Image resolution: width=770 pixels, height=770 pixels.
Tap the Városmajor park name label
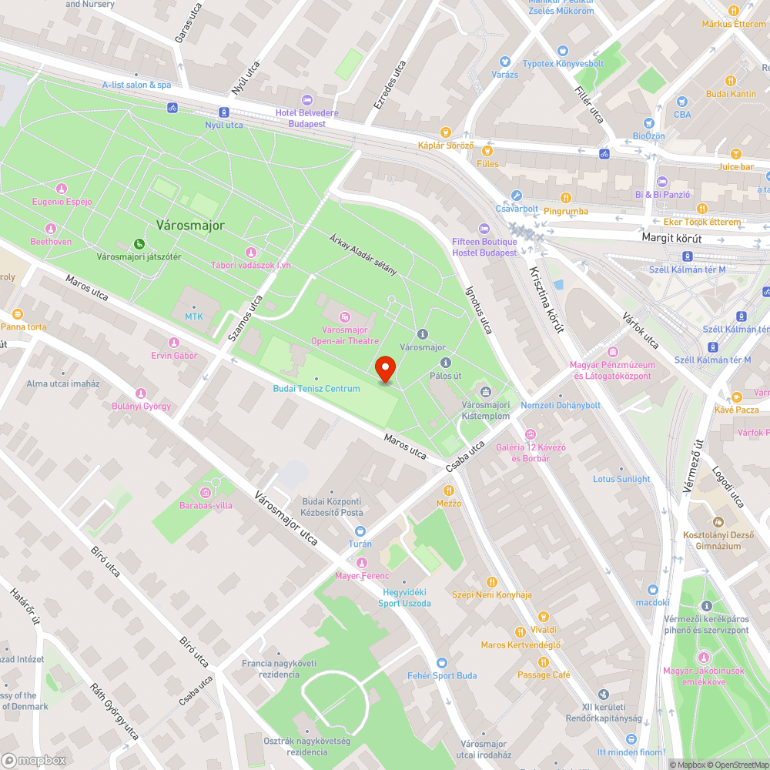click(x=190, y=226)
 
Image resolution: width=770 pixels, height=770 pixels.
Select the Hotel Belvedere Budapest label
click(x=306, y=118)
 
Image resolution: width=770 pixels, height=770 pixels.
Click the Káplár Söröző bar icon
click(x=445, y=132)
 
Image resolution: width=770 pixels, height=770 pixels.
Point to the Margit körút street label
click(x=675, y=238)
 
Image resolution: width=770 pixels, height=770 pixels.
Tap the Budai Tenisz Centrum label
click(x=316, y=388)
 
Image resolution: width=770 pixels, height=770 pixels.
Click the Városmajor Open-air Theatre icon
click(x=345, y=316)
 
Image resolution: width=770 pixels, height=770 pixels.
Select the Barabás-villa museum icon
click(x=206, y=492)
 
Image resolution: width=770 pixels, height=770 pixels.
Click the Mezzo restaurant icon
click(x=449, y=490)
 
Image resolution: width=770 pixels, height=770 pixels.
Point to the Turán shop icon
click(x=360, y=531)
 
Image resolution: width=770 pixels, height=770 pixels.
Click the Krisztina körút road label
click(x=547, y=299)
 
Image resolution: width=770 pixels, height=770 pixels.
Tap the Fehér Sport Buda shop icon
click(x=442, y=662)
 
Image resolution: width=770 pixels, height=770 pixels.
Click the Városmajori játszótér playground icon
click(x=139, y=243)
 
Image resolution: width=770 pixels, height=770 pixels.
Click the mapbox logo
click(x=35, y=759)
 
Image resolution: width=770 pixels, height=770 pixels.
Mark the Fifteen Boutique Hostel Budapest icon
click(x=484, y=229)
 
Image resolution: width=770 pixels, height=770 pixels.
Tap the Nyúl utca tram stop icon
click(x=223, y=112)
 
